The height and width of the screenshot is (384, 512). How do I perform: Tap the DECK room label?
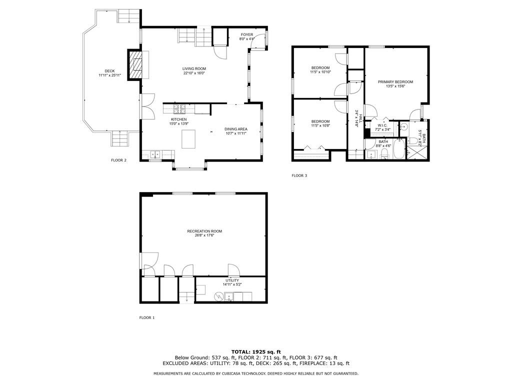(109, 71)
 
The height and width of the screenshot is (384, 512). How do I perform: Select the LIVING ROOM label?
(194, 68)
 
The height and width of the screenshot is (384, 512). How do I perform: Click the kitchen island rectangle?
(188, 138)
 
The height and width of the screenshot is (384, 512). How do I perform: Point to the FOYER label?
(247, 34)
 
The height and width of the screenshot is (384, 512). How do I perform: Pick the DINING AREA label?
(236, 129)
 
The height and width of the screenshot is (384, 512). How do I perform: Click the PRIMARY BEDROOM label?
(395, 81)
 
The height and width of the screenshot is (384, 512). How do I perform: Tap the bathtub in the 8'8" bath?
(399, 149)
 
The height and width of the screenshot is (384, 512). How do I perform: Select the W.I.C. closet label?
(382, 125)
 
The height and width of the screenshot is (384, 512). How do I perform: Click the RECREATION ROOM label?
(204, 231)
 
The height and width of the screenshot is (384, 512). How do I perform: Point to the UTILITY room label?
(232, 280)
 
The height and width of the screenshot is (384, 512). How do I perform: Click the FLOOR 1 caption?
(147, 317)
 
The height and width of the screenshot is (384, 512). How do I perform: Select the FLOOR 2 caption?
(118, 160)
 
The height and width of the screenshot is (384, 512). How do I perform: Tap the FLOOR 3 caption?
(299, 175)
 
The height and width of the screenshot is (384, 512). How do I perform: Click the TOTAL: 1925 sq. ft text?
(255, 351)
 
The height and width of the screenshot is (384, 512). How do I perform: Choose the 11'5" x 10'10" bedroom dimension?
(320, 72)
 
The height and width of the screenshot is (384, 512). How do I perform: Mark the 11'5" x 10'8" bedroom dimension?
(320, 125)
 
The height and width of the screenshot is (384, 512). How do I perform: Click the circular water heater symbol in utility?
(219, 296)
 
